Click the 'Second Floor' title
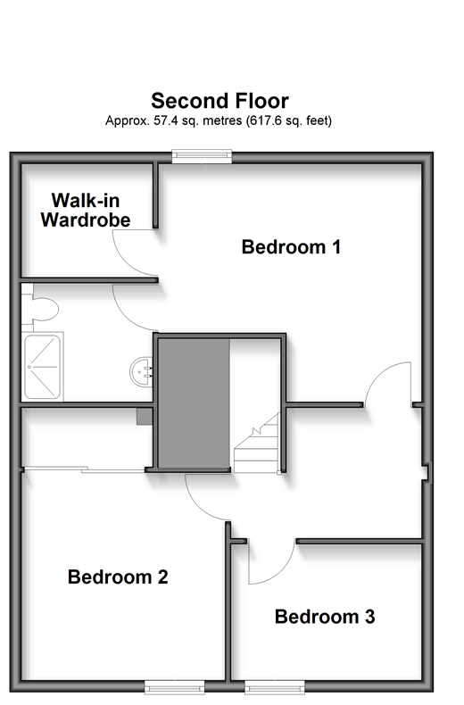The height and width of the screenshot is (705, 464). pos(220,101)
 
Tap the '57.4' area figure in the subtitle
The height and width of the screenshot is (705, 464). pos(163,120)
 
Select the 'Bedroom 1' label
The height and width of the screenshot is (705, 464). pos(291,247)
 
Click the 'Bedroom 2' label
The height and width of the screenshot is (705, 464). pos(118,576)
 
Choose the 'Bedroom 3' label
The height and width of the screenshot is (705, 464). pos(325,617)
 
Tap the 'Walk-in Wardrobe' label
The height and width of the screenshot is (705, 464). pos(86,210)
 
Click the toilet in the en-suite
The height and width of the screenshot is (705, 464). pos(39,308)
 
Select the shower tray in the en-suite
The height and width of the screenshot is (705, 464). pos(42,367)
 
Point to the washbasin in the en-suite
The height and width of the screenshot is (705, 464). pos(142,371)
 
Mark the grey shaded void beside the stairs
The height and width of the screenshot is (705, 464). pos(194,402)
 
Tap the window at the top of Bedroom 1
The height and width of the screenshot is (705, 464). pos(202,156)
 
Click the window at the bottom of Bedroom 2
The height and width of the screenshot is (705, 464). pos(175,687)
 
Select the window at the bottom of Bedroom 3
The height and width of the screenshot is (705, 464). pos(275,687)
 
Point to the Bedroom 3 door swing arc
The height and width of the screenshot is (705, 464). pos(281,572)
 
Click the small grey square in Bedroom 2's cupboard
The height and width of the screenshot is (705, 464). pos(145,417)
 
